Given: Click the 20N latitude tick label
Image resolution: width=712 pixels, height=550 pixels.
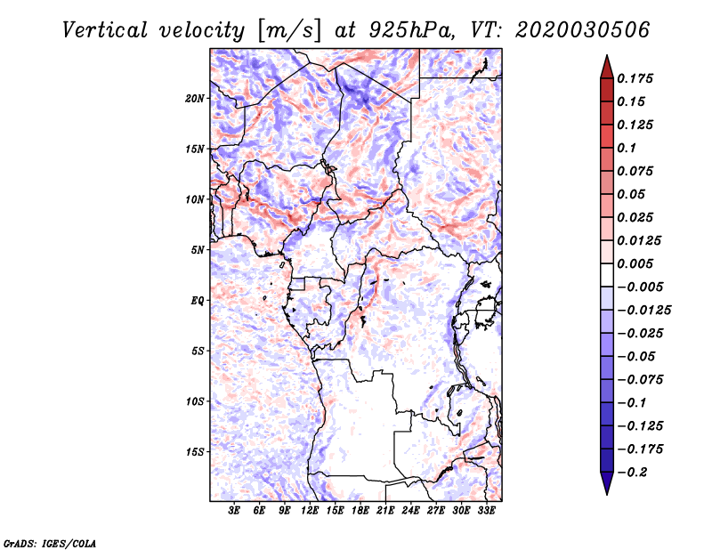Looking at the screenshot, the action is pos(194,99).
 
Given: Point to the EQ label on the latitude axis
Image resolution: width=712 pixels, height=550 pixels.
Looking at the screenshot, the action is pos(197,301).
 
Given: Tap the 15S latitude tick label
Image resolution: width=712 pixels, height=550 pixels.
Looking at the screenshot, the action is pos(194,452).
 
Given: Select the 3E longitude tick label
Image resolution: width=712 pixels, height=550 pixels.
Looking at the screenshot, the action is pos(234,511).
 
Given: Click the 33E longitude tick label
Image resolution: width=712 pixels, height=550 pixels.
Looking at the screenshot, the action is pos(486,511).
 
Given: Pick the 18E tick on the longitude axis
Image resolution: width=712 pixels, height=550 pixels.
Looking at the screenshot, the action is pos(360,511).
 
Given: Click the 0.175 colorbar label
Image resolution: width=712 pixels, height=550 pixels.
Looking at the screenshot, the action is pos(635,78).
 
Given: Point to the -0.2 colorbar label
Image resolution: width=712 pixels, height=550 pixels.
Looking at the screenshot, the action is pos(632,473).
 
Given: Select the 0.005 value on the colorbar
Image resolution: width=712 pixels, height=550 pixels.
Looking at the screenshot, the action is pos(635,263).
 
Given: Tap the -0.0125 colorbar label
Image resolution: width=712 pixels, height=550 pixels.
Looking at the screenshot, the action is pos(643,311).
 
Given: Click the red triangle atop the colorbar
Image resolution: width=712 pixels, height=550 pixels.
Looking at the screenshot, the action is pos(607,68).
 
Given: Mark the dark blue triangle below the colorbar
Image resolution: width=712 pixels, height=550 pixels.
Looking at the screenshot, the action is pos(607,483).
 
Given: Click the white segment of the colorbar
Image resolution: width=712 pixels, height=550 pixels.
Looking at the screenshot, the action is pos(607,275).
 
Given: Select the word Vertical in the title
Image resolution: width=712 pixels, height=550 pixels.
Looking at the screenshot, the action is pos(105,30).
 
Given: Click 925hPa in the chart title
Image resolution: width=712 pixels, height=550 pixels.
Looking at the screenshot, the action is pos(412,30).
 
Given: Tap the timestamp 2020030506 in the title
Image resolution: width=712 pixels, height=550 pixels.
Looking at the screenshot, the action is pos(583,30).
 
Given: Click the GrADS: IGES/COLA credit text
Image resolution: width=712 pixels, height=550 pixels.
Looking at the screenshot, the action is pos(50,543).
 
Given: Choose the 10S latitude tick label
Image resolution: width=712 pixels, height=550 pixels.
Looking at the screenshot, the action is pos(194,401).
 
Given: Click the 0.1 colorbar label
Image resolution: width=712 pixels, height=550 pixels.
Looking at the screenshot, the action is pos(627,148).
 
